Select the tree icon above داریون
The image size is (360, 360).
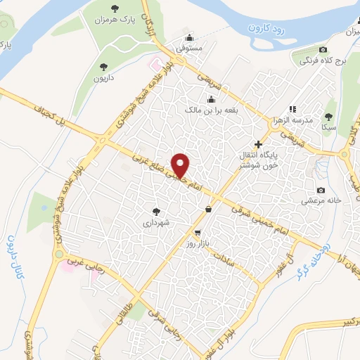click(x=104, y=67)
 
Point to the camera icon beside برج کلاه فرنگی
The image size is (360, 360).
click(x=323, y=49)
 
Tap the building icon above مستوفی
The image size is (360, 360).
click(x=188, y=38)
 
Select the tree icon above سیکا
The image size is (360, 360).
click(x=328, y=117)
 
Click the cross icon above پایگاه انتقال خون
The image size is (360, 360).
click(x=258, y=143)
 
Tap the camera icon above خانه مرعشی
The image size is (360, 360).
click(x=321, y=190)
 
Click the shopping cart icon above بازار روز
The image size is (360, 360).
click(x=198, y=233)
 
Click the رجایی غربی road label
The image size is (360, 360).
click(x=77, y=266)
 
